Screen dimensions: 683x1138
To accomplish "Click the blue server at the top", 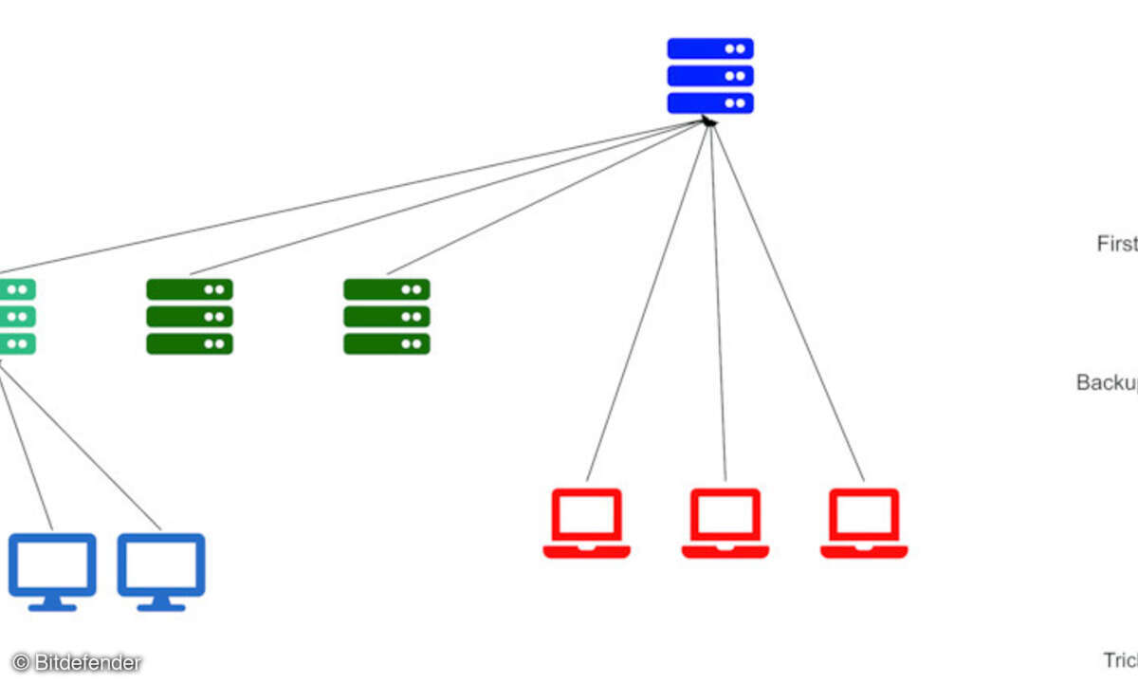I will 710,76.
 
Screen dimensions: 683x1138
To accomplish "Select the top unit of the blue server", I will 710,48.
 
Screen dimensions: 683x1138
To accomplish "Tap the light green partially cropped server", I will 17,317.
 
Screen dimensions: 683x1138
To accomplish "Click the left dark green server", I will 190,317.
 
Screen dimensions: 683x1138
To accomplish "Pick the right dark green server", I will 387,317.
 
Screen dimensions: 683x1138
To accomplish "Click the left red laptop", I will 586,523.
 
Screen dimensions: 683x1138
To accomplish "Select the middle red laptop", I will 725,523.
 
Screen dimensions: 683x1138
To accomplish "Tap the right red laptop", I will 864,523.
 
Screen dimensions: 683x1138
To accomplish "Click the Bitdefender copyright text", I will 77,663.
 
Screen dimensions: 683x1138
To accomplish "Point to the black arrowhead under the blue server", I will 707,121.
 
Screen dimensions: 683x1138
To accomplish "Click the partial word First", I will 1117,244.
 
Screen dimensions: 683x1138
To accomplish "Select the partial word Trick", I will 1120,660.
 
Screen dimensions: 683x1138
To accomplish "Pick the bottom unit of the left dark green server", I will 190,343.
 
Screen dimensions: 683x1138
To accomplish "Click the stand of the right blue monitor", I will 161,603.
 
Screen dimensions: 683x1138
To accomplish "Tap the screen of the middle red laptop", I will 725,515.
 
